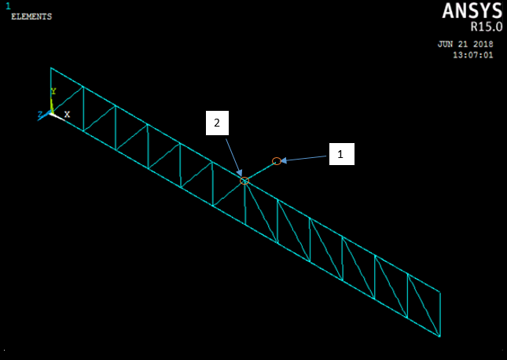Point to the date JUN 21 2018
[465, 45]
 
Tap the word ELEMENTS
[31, 16]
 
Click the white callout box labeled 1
[341, 154]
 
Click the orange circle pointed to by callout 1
[277, 161]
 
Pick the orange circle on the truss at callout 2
[244, 181]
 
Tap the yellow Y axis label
[53, 92]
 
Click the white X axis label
[67, 114]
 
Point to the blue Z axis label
[40, 116]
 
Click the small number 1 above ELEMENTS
[8, 6]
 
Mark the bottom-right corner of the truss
[439, 336]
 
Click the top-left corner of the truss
[51, 68]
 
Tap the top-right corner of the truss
[439, 292]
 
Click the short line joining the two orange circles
[260, 171]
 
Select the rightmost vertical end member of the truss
[439, 314]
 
